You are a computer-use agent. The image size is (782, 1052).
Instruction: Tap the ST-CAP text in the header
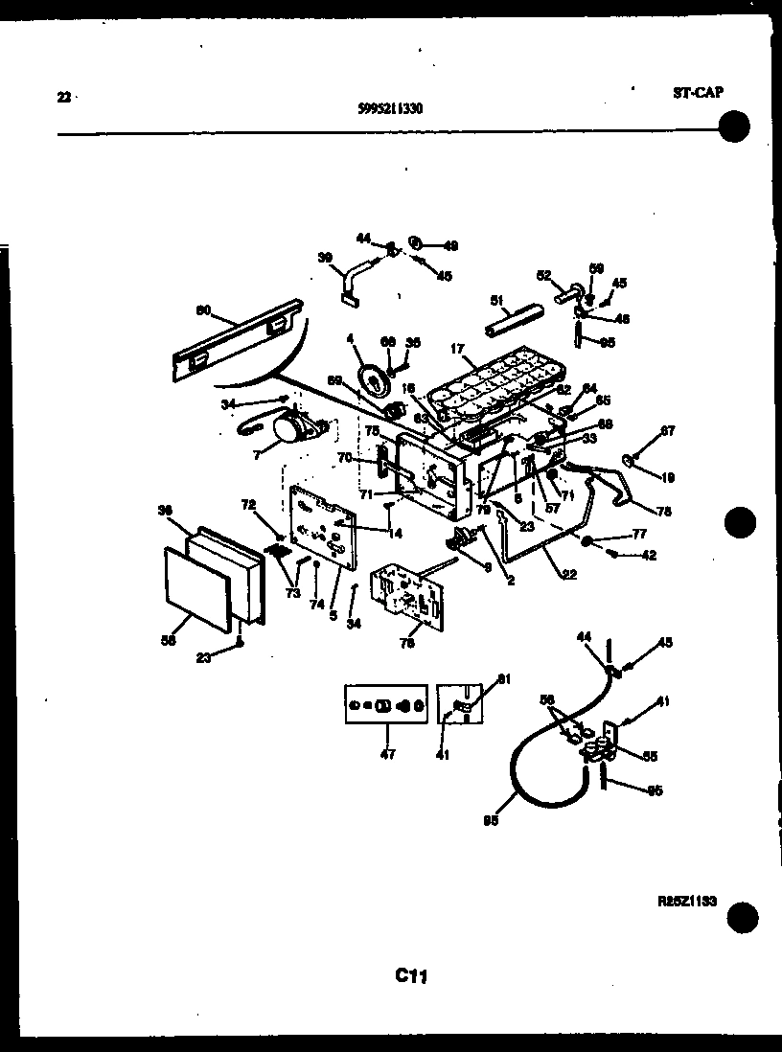pos(695,92)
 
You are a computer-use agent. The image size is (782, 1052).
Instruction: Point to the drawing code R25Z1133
pos(688,902)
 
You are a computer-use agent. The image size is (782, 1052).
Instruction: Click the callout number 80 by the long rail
pos(202,309)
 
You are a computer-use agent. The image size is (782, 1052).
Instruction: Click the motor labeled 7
pos(290,431)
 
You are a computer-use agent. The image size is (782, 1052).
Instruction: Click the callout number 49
pos(450,245)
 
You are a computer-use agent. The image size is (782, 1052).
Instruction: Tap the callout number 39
pos(325,258)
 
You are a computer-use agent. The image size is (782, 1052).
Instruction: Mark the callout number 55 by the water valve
pos(650,757)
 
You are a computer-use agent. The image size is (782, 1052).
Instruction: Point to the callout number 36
pos(165,511)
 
